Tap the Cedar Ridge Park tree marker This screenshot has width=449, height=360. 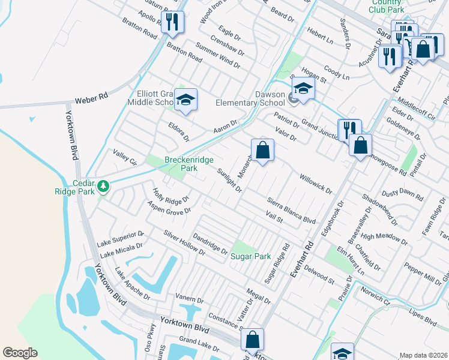104,186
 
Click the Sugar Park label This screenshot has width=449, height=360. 251,256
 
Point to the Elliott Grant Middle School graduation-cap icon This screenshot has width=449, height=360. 186,100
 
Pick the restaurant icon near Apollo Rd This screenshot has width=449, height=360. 173,22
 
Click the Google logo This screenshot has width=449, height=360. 20,352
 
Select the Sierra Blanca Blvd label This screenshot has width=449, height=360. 292,211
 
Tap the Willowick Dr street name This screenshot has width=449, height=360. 316,183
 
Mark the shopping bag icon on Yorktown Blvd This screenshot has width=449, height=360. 253,340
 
